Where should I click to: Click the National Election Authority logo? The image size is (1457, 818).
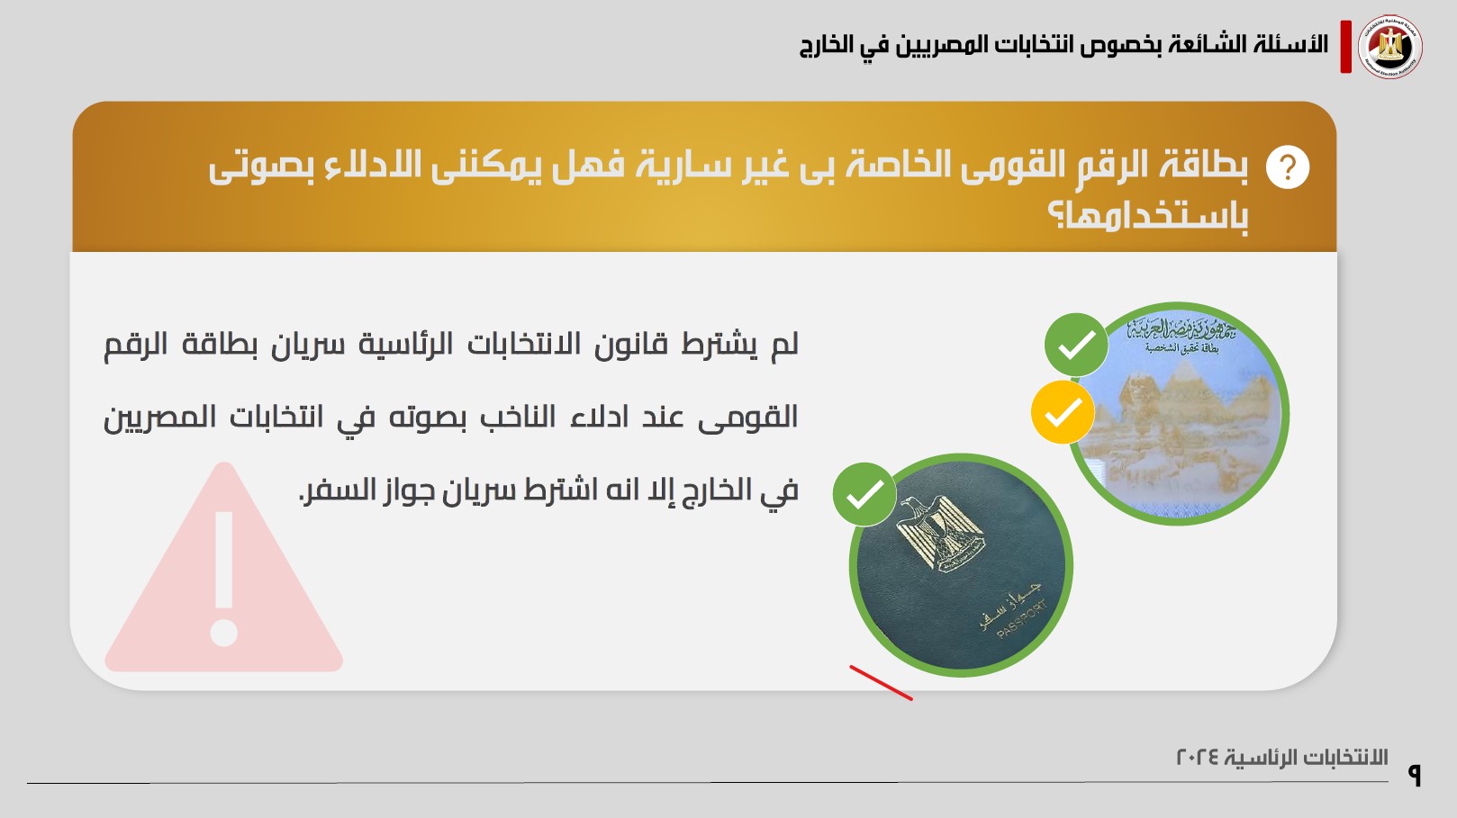click(x=1390, y=47)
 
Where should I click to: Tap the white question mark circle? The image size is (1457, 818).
click(x=1287, y=167)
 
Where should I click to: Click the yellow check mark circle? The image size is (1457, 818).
click(x=1063, y=412)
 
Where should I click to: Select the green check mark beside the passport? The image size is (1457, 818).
click(x=864, y=494)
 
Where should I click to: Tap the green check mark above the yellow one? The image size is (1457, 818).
click(x=1076, y=345)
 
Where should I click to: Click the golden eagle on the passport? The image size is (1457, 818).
click(x=941, y=534)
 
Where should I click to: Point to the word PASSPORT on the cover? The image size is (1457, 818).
click(x=1022, y=620)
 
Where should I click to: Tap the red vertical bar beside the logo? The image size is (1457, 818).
click(x=1345, y=47)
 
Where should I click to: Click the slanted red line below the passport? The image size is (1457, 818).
click(x=882, y=683)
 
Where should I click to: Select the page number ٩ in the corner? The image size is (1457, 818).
click(x=1414, y=775)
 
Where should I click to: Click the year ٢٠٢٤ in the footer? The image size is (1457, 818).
click(x=1199, y=757)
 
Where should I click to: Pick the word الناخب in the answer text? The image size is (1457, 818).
click(x=518, y=417)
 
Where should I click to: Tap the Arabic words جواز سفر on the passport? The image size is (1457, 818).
click(x=1010, y=604)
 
